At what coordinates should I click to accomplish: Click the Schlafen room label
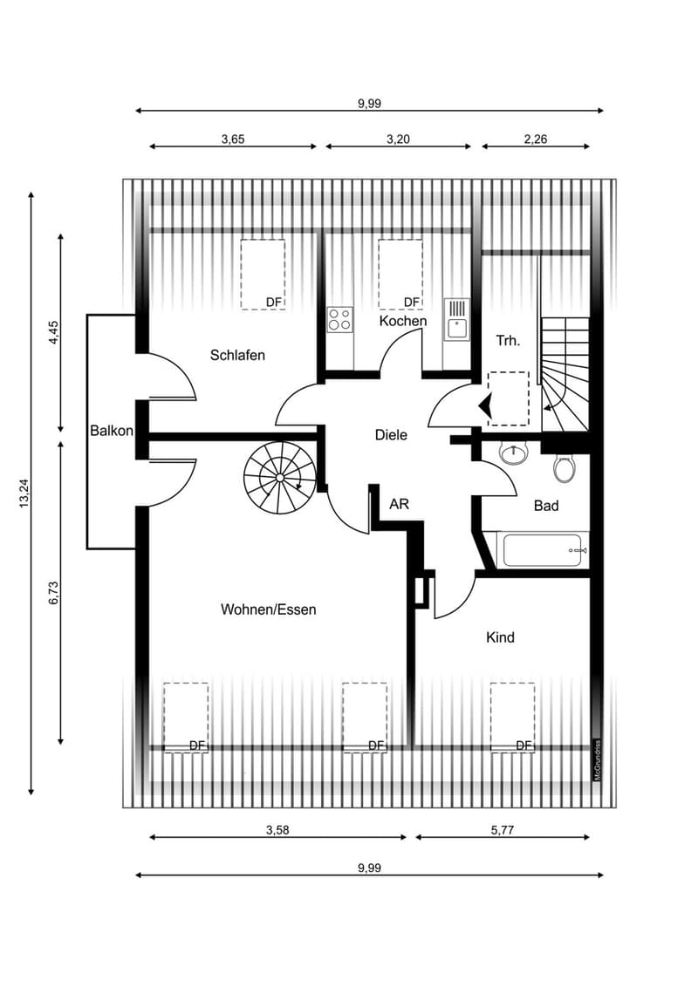[x=237, y=355]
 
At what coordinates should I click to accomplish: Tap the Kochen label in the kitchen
[x=403, y=321]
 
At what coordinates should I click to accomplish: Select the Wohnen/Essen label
[x=269, y=609]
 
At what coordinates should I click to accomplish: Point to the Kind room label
[x=500, y=637]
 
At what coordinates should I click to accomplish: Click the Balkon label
[x=112, y=431]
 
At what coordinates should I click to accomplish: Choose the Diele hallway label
[x=391, y=435]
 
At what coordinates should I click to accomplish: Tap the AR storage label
[x=400, y=504]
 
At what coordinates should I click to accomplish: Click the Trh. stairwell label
[x=509, y=341]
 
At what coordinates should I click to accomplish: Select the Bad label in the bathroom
[x=546, y=506]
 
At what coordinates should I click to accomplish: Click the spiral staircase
[x=280, y=478]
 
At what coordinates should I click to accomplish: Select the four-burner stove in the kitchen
[x=340, y=319]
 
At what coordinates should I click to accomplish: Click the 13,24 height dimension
[x=24, y=493]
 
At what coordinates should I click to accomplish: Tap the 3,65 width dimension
[x=232, y=140]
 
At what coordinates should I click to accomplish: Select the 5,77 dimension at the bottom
[x=502, y=830]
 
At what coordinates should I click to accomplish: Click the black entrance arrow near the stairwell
[x=485, y=405]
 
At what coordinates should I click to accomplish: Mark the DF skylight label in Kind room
[x=524, y=745]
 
